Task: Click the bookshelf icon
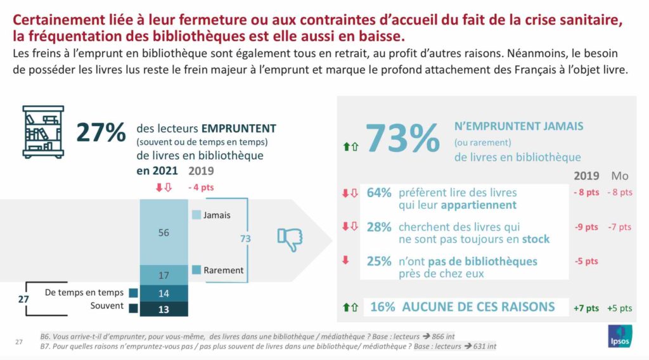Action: pos(43,131)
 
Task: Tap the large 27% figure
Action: pos(101,132)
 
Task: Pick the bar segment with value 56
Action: pos(164,233)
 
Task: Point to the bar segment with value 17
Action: pos(164,275)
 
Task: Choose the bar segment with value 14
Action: pos(164,293)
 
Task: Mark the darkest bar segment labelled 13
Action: pos(164,309)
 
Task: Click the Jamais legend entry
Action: pos(211,215)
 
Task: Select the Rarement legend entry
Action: pos(218,270)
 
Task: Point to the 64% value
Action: pos(379,193)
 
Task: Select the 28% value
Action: pos(379,227)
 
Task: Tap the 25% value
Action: pos(379,261)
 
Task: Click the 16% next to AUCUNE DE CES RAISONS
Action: pos(382,307)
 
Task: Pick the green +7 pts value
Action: pos(586,308)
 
